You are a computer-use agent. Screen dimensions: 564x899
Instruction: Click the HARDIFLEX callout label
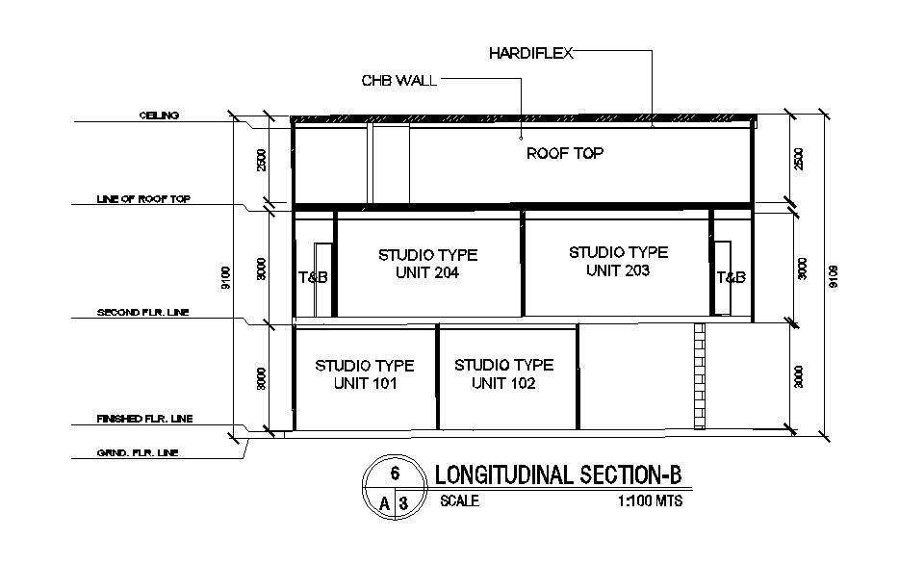click(530, 54)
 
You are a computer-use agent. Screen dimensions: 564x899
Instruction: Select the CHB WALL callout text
click(398, 81)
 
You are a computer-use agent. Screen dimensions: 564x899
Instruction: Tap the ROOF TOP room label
click(565, 153)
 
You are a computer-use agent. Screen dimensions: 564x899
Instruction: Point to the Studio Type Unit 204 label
click(427, 264)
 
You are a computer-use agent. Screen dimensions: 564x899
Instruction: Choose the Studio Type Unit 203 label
click(618, 262)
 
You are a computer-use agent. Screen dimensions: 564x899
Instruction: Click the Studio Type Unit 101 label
click(365, 374)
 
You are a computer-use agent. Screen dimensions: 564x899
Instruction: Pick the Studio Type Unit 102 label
click(503, 374)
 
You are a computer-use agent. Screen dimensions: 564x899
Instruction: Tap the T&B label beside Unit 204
click(313, 277)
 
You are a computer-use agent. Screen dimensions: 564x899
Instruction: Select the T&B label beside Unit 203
click(731, 277)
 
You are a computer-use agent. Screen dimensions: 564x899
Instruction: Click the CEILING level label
click(159, 115)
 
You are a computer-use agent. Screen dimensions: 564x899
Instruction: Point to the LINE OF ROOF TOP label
click(143, 199)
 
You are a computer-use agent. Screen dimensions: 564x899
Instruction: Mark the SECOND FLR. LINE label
click(144, 313)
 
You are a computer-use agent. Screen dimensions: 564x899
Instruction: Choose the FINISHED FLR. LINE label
click(144, 419)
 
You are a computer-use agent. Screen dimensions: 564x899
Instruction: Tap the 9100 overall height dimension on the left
click(226, 276)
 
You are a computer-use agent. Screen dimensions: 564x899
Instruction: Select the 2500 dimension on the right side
click(796, 160)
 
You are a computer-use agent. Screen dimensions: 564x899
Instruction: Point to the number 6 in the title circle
click(395, 474)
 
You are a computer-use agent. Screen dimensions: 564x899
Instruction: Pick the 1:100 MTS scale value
click(650, 501)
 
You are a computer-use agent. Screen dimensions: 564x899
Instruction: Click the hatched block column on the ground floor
click(700, 376)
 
